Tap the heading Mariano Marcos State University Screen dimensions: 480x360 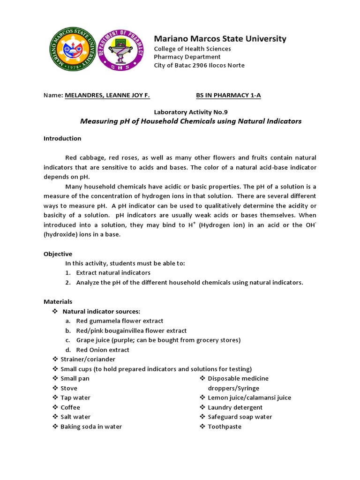[x=220, y=38]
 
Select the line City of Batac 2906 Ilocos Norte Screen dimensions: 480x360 [x=199, y=65]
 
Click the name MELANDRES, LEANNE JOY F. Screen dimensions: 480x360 [x=107, y=96]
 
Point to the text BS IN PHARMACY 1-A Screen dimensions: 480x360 [x=228, y=96]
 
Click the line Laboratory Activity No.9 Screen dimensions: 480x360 [x=191, y=112]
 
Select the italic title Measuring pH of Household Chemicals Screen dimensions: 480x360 [x=191, y=121]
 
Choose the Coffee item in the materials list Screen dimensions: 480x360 [x=70, y=407]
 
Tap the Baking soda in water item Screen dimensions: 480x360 [x=91, y=427]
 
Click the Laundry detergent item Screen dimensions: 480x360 [x=235, y=407]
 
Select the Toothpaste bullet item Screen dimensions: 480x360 [x=225, y=427]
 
